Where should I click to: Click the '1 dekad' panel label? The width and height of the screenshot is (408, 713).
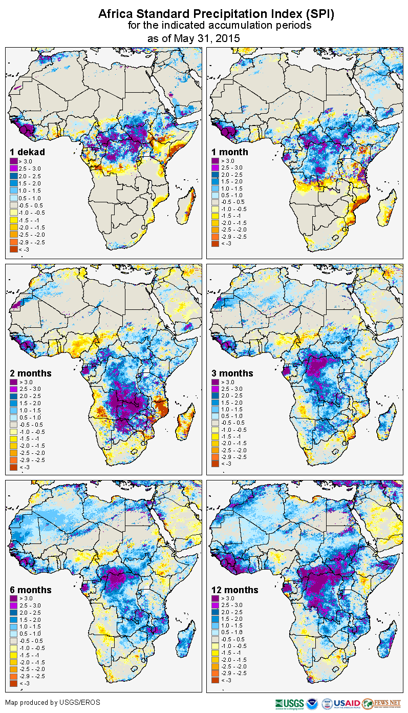point(28,152)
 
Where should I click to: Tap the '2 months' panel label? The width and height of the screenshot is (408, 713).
point(31,373)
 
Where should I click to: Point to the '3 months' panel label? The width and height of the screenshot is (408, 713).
point(232,373)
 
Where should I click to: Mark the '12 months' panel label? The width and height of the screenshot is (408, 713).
point(234,590)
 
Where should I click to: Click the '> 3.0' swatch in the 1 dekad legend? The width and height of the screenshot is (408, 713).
point(14,160)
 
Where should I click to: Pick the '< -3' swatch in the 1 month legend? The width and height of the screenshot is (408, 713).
point(215,244)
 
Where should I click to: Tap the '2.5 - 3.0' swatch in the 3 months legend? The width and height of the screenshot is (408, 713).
point(215,389)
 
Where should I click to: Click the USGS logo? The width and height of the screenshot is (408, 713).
point(289,703)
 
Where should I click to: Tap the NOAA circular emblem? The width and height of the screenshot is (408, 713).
point(312,703)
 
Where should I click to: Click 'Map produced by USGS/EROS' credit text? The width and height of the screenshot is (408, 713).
point(53,702)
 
